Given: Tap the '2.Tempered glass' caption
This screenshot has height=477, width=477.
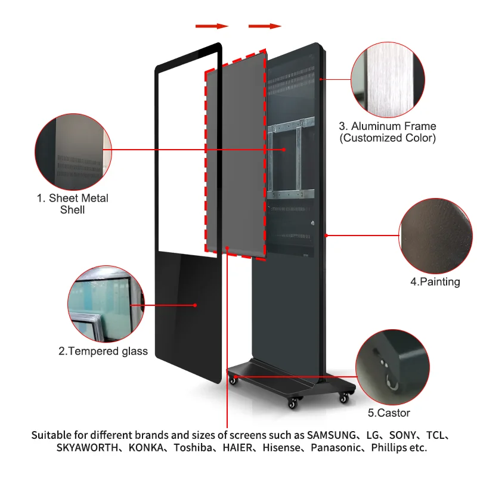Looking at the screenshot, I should [x=103, y=351].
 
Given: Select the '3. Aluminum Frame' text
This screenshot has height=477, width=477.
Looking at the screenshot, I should [x=388, y=126].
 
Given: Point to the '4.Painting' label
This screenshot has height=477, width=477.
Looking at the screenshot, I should [x=435, y=282].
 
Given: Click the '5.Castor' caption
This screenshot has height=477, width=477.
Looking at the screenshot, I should [x=388, y=413].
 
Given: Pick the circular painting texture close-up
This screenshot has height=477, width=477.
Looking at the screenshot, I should [x=436, y=236].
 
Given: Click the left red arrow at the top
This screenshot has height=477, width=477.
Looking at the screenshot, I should [x=212, y=26].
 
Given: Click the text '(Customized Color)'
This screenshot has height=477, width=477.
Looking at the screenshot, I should [x=388, y=138].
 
